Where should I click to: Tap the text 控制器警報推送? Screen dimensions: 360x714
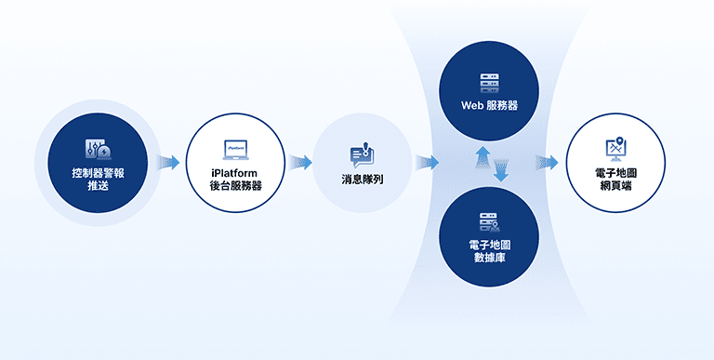point(97,180)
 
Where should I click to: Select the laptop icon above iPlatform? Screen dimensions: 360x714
point(235,149)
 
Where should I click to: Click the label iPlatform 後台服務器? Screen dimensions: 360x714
point(235,180)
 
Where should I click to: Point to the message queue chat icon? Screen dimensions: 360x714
point(362,153)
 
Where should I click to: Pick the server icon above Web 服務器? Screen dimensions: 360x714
point(489,82)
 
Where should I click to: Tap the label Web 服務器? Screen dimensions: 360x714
point(489,105)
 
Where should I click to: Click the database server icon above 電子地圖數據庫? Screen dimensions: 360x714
point(489,222)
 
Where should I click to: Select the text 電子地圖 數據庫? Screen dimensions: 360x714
point(489,251)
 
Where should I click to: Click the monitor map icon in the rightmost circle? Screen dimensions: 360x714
point(615,149)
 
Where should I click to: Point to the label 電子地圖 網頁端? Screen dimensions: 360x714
point(615,180)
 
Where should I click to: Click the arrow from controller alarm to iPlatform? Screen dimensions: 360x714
point(167,163)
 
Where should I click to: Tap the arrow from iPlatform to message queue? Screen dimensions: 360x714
point(299,163)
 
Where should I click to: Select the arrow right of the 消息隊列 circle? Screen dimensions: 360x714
point(427,163)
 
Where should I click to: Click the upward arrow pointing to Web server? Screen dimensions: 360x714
point(482,154)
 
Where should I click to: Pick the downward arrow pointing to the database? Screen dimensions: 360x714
point(500,170)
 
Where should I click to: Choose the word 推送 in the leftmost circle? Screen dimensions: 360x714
point(97,186)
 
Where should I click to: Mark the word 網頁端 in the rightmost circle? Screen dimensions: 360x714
point(615,186)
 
